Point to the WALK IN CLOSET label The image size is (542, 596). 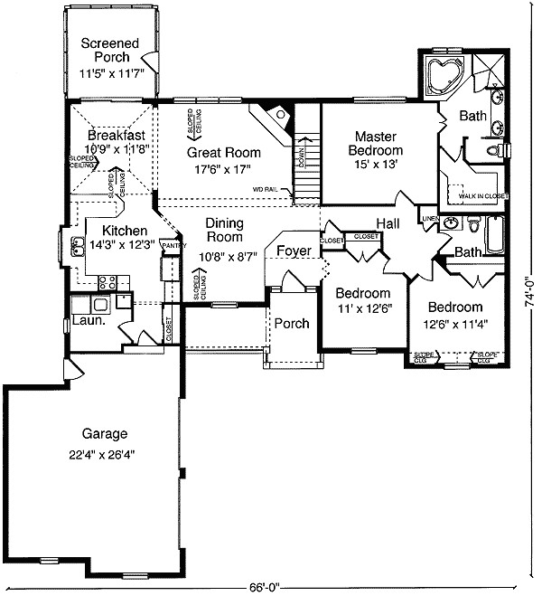[x=482, y=195]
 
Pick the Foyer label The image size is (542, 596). [x=294, y=250]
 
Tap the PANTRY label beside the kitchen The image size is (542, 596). [x=173, y=245]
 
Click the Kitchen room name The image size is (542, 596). [x=124, y=231]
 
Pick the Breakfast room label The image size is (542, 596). [x=109, y=134]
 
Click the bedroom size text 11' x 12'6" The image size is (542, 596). [x=363, y=309]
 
